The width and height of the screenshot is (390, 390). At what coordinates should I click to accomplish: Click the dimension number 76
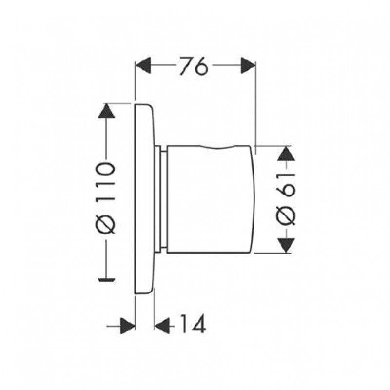tap(194, 66)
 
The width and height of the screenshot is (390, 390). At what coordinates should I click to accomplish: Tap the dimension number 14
tap(193, 324)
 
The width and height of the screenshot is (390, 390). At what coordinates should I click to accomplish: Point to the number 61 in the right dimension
tap(286, 185)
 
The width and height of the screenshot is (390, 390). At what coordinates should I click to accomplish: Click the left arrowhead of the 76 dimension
tap(143, 65)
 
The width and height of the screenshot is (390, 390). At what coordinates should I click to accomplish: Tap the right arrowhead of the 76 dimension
tap(248, 65)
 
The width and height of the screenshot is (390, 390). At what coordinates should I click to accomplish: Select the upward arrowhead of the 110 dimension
tap(106, 111)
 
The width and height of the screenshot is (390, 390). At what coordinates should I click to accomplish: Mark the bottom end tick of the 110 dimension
tap(106, 280)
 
